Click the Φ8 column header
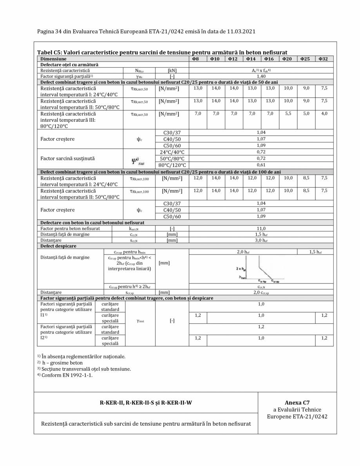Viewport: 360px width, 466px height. click(x=198, y=59)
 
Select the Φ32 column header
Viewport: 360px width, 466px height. click(x=324, y=59)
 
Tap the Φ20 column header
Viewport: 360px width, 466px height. click(x=288, y=59)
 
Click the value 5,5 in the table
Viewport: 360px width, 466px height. click(x=288, y=113)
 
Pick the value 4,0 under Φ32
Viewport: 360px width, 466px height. click(x=324, y=113)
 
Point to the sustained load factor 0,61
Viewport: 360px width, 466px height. click(x=261, y=165)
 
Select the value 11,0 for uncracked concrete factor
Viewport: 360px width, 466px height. click(x=261, y=228)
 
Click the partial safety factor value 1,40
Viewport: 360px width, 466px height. click(x=261, y=76)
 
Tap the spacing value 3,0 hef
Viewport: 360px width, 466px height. click(x=261, y=239)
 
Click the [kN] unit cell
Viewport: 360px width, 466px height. click(x=172, y=70)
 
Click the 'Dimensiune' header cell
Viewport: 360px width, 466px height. click(x=51, y=59)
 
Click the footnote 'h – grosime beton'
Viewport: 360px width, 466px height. click(x=60, y=363)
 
